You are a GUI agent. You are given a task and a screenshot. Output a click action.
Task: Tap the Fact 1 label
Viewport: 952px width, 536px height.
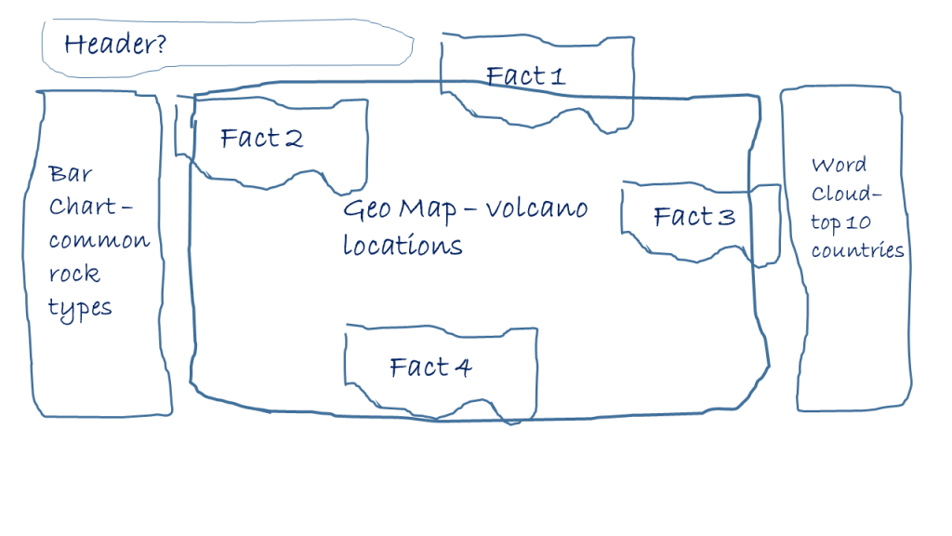525,75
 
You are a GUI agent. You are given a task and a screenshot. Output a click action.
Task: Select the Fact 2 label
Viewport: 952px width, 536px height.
261,139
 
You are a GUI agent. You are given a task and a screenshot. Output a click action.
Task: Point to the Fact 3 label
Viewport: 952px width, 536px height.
694,217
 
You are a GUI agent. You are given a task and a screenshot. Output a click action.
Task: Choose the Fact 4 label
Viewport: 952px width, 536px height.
430,368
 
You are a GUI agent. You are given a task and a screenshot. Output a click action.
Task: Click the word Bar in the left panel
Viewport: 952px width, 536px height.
71,174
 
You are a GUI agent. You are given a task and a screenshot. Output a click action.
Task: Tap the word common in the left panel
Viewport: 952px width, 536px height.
99,241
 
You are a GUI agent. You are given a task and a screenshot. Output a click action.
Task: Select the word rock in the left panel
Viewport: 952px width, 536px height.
74,275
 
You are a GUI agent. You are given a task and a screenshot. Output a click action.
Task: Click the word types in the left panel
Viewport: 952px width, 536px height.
80,309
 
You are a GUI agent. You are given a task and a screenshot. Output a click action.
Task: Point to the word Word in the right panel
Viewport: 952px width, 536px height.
839,166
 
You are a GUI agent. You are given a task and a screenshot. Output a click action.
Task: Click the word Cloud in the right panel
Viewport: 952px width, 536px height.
838,194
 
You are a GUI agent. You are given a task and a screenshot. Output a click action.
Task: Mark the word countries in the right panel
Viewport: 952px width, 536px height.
857,250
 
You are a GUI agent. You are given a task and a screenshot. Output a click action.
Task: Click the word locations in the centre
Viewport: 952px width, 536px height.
403,246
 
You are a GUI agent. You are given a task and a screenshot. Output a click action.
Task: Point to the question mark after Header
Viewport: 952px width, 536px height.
160,43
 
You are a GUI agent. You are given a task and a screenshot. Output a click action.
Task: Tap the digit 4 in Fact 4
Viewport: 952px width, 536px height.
461,368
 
